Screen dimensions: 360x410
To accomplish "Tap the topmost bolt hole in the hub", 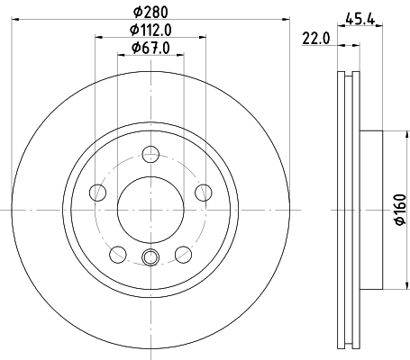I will tap(150, 154).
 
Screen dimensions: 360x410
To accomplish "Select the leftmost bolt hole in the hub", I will tap(97, 192).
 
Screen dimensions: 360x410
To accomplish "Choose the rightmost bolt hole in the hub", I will tap(204, 192).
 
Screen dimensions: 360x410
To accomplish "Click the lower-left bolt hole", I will tap(118, 254).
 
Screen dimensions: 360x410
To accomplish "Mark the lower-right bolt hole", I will tap(183, 254).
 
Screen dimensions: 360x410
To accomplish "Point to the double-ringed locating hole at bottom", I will tap(150, 260).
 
